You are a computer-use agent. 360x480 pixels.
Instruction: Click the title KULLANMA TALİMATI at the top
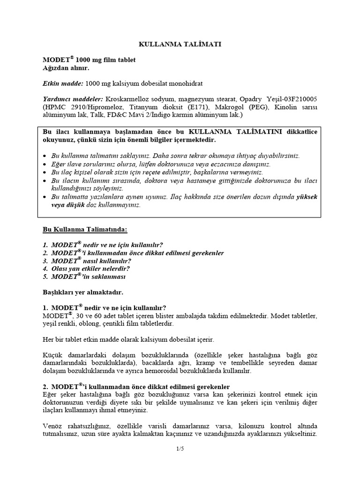coord(180,44)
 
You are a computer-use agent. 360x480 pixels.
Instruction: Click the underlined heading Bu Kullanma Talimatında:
coord(85,230)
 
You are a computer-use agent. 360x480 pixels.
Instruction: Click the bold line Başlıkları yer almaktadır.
coord(82,292)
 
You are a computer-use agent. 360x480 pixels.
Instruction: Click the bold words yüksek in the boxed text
coord(307,197)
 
